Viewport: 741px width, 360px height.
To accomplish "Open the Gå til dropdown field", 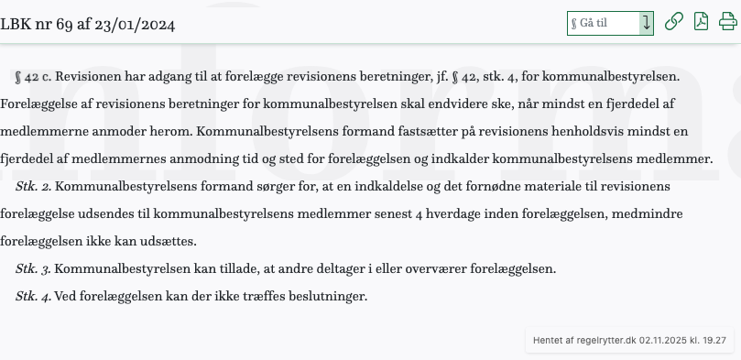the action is (x=610, y=23).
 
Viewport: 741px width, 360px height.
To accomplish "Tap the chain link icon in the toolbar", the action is (x=674, y=22).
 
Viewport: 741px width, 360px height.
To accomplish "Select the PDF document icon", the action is (x=701, y=22).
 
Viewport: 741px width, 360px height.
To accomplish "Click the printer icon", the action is (x=727, y=22).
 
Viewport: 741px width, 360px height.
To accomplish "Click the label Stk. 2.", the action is (x=34, y=186).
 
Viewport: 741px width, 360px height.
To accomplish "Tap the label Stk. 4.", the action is (x=34, y=296).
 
